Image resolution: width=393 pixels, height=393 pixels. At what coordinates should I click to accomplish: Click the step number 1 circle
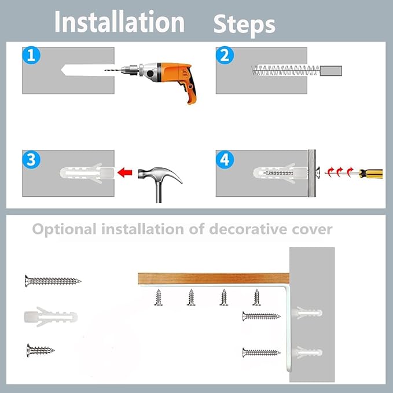[31, 55]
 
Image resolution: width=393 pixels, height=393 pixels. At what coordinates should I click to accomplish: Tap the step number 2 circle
[225, 55]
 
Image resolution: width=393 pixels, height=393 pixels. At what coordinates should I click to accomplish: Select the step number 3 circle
[31, 159]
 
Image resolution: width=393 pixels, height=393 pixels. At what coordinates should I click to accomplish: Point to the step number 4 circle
[225, 159]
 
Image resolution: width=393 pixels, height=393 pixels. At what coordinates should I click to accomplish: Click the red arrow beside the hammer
[125, 172]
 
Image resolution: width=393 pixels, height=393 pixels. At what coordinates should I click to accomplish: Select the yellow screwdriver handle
[370, 174]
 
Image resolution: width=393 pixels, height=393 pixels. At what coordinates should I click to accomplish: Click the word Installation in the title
[120, 22]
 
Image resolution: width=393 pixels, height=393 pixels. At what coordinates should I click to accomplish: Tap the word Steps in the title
[244, 24]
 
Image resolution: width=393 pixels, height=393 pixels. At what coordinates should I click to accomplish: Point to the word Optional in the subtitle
[64, 229]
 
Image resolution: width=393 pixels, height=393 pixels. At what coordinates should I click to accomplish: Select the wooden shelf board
[214, 278]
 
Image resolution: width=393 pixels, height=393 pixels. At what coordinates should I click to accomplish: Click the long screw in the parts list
[53, 281]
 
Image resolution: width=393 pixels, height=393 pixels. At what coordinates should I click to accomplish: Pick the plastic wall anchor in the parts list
[50, 317]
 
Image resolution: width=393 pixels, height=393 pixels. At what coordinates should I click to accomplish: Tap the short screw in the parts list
[41, 350]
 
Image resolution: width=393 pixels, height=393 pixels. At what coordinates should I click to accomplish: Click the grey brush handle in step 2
[331, 71]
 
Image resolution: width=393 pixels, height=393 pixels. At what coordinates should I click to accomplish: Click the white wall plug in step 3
[87, 173]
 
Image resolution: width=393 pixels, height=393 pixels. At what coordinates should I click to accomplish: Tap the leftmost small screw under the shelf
[158, 297]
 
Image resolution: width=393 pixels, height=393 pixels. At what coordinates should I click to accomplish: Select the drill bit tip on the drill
[105, 71]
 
